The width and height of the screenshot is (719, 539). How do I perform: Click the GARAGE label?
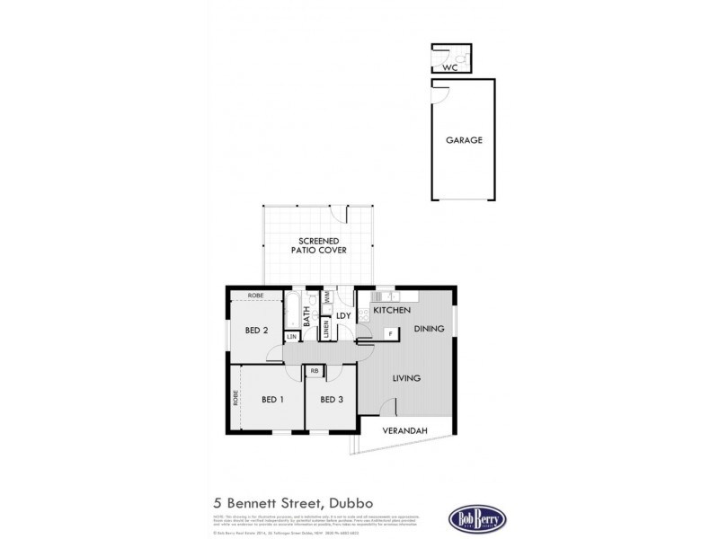pos(465,140)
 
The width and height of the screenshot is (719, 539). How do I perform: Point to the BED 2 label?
pos(256,331)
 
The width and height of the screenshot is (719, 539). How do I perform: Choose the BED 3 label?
pos(332,400)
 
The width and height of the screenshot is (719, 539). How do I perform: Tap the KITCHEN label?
pos(392,311)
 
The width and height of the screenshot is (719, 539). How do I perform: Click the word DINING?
pos(429,330)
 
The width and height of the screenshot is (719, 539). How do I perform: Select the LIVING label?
pos(406,378)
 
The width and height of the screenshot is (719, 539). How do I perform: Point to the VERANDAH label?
pos(404,431)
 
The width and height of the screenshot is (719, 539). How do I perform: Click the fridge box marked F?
pos(391,333)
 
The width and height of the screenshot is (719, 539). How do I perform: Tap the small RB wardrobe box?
pos(315,370)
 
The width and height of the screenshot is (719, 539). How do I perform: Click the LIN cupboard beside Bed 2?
pos(291,336)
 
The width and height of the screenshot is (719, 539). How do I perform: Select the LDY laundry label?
pos(343,315)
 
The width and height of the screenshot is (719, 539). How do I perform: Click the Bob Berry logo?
pos(477,518)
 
